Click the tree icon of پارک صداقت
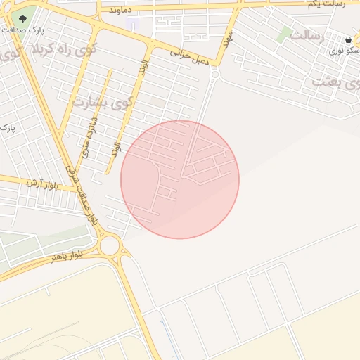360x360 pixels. click(x=23, y=19)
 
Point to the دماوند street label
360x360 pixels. click(x=120, y=10)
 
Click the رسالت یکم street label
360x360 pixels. click(x=328, y=5)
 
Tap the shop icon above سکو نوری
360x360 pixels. click(x=349, y=39)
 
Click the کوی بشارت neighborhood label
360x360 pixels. click(x=103, y=102)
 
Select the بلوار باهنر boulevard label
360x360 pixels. click(x=67, y=255)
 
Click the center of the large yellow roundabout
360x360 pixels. click(x=110, y=246)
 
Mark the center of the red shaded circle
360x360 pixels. click(x=180, y=179)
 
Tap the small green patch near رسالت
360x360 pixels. click(x=283, y=34)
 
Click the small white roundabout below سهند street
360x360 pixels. click(x=214, y=73)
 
